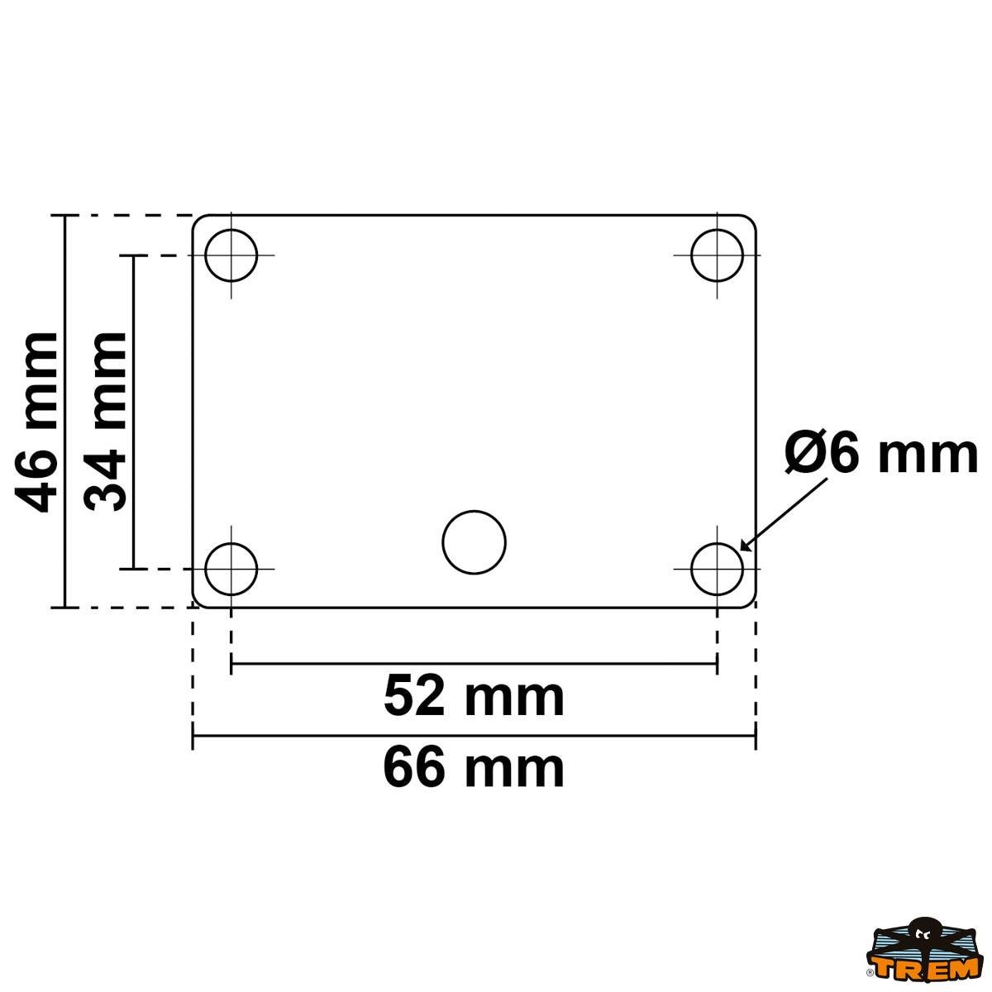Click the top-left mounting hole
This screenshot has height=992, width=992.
point(231,255)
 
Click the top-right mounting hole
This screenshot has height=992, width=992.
point(717,255)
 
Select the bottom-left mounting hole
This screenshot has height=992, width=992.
point(231,569)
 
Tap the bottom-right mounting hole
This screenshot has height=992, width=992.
point(717,569)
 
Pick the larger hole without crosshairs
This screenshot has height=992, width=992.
point(474,542)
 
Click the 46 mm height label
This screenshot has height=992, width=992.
point(37,422)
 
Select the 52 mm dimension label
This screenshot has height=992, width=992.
point(474,696)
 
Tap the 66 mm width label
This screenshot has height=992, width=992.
point(474,768)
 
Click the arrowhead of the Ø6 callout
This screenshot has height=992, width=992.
point(745,546)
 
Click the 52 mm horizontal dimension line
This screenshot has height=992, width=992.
point(474,663)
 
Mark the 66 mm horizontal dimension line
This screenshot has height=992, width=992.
point(474,735)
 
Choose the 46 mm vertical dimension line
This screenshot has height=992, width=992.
point(64,411)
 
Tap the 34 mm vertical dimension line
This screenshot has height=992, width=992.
point(133,411)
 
